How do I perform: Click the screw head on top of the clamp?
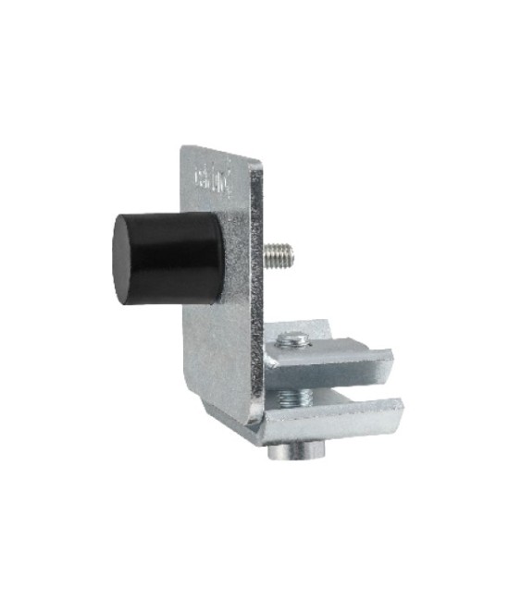[x=294, y=340]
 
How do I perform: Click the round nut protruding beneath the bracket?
[x=298, y=454]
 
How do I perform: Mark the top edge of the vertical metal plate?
[x=218, y=151]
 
